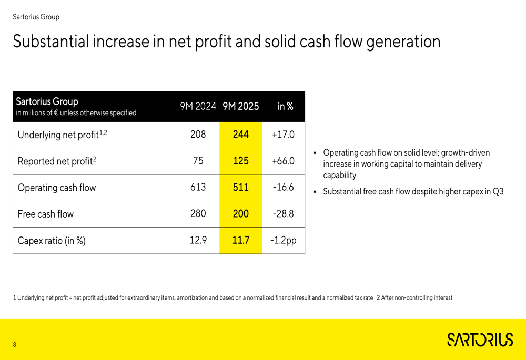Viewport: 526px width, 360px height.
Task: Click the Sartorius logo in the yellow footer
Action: pyautogui.click(x=480, y=340)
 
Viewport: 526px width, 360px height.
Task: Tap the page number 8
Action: pyautogui.click(x=15, y=345)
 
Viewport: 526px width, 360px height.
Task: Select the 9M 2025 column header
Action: pyautogui.click(x=240, y=106)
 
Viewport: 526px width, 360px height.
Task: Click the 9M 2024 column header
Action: pyautogui.click(x=198, y=106)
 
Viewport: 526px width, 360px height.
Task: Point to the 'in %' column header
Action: pyautogui.click(x=285, y=106)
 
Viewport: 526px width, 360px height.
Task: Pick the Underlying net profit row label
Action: pyautogui.click(x=62, y=135)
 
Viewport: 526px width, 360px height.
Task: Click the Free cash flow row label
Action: pyautogui.click(x=46, y=214)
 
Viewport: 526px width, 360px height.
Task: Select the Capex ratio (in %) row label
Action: pyautogui.click(x=52, y=241)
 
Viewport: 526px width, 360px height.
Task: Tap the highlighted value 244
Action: pyautogui.click(x=240, y=135)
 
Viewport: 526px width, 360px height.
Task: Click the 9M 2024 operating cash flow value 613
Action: pyautogui.click(x=198, y=187)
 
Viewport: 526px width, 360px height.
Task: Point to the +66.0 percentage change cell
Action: pyautogui.click(x=283, y=161)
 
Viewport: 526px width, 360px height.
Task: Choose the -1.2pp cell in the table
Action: pyautogui.click(x=283, y=240)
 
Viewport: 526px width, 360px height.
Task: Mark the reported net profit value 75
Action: pyautogui.click(x=198, y=161)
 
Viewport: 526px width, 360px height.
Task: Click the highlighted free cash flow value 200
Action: pyautogui.click(x=240, y=213)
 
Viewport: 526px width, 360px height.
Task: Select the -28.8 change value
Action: pyautogui.click(x=283, y=213)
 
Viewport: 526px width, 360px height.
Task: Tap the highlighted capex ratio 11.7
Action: pyautogui.click(x=240, y=240)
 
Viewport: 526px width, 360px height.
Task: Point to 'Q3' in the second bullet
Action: pyautogui.click(x=498, y=192)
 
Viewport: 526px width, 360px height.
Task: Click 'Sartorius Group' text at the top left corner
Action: pyautogui.click(x=36, y=17)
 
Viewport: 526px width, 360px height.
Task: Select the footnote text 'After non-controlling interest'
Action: pyautogui.click(x=417, y=298)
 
